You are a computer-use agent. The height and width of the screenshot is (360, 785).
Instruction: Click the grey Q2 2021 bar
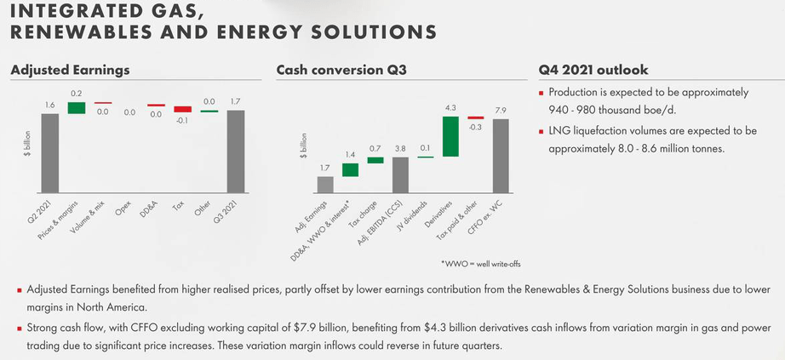pyautogui.click(x=50, y=153)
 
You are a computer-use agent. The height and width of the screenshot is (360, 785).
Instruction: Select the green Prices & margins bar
pyautogui.click(x=77, y=107)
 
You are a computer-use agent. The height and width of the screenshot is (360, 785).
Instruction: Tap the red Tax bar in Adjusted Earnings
pyautogui.click(x=183, y=109)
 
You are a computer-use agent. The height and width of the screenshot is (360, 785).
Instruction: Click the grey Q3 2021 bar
pyautogui.click(x=236, y=151)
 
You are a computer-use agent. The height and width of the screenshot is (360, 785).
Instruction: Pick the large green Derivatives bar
pyautogui.click(x=451, y=136)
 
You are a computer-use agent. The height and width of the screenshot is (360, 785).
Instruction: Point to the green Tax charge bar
pyautogui.click(x=375, y=160)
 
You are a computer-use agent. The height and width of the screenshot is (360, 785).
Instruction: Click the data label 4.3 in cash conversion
pyautogui.click(x=451, y=108)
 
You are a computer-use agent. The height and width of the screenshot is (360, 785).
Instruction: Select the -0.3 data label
pyautogui.click(x=476, y=127)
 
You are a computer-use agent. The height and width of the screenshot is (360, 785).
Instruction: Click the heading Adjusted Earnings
pyautogui.click(x=70, y=70)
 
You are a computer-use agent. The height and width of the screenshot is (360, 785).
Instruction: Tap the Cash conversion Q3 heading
pyautogui.click(x=341, y=70)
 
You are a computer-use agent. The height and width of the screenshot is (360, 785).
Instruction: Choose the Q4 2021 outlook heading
pyautogui.click(x=593, y=70)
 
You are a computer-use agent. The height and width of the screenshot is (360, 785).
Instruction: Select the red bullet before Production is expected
pyautogui.click(x=541, y=93)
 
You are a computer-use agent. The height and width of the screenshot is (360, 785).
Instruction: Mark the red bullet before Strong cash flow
pyautogui.click(x=19, y=328)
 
